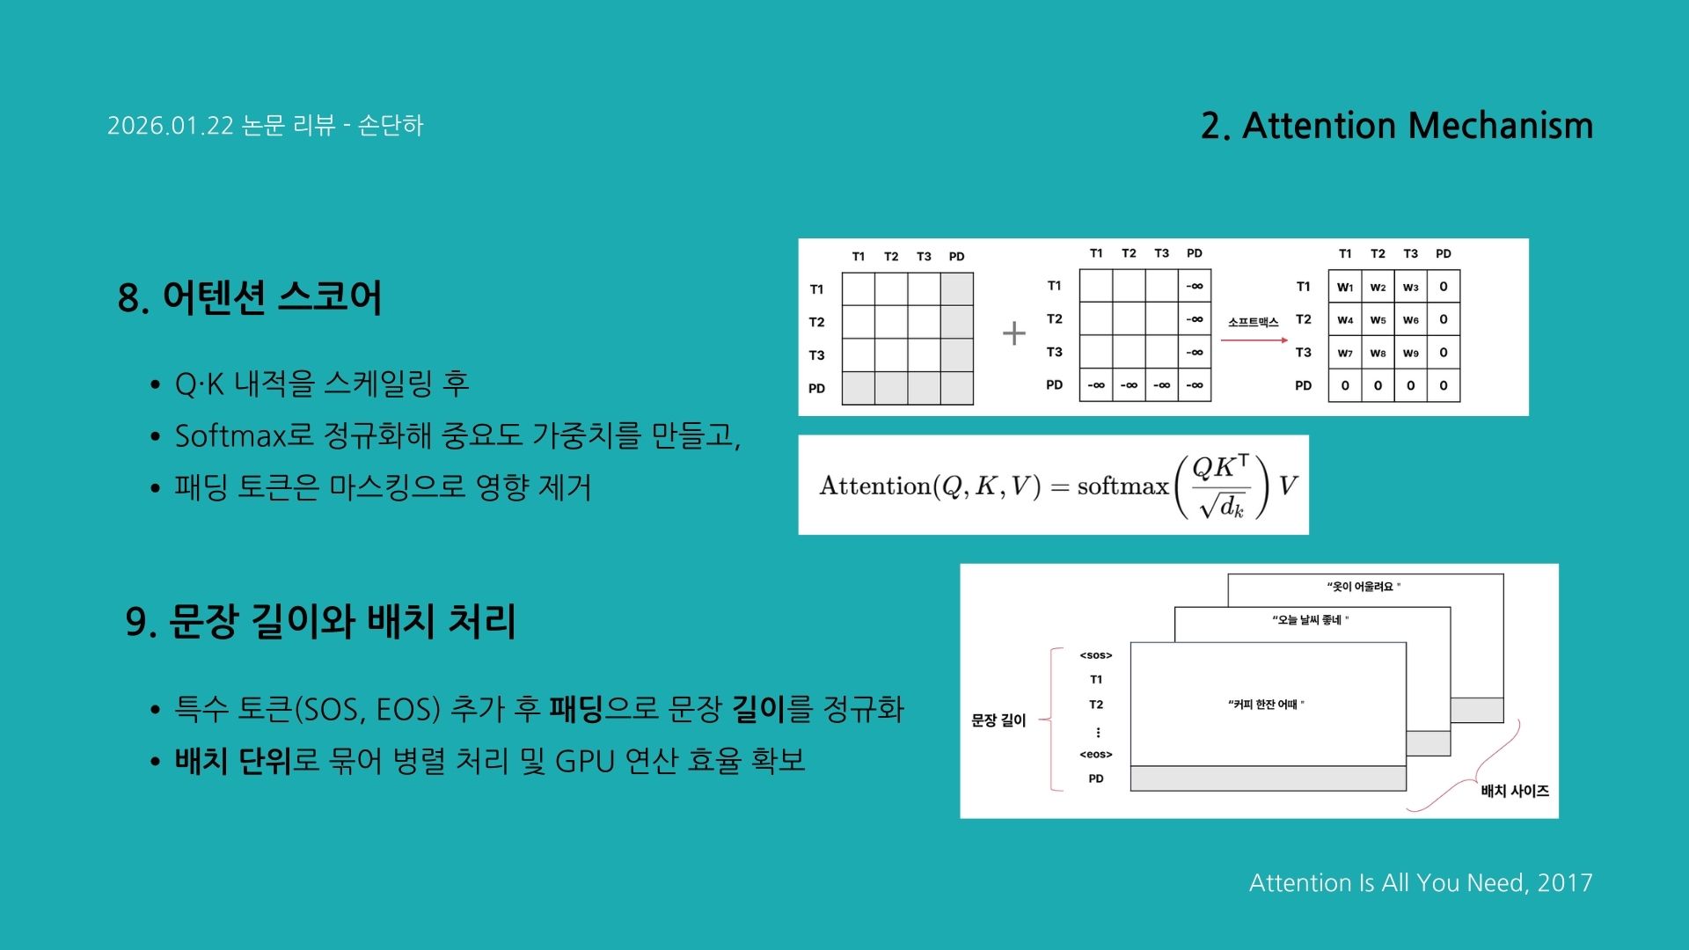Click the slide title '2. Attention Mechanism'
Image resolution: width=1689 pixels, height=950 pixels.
1396,126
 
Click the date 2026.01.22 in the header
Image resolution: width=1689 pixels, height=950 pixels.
171,126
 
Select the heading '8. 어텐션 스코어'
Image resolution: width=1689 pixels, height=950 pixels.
250,297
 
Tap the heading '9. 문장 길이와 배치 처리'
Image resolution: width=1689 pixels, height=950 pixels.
320,622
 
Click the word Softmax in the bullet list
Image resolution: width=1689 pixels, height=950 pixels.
230,435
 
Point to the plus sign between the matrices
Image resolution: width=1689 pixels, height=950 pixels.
1013,333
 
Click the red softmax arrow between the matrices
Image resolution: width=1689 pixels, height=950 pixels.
1254,340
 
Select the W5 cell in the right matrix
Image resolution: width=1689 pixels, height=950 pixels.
1378,319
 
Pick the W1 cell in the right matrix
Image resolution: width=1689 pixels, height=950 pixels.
1345,287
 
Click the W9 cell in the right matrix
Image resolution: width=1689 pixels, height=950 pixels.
1410,353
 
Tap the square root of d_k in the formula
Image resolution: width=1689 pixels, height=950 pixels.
1221,507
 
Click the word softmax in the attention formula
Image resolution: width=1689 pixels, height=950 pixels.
1122,486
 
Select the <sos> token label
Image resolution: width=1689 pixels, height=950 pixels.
1096,655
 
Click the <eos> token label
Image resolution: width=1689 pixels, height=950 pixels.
1096,755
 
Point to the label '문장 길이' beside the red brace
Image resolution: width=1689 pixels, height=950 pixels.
998,720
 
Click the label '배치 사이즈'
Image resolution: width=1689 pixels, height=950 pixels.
1515,791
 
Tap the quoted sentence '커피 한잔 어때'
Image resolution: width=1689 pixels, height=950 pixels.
1266,705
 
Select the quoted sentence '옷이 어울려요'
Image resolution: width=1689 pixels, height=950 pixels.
1364,587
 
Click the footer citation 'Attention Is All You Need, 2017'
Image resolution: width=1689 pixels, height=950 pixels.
1420,882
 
